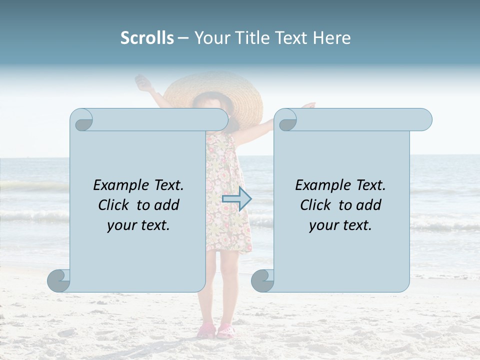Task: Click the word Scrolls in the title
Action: pyautogui.click(x=147, y=38)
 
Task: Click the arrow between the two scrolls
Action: pyautogui.click(x=236, y=198)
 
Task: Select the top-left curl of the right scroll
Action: pyautogui.click(x=286, y=120)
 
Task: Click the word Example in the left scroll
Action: pyautogui.click(x=117, y=185)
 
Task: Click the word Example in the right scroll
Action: pyautogui.click(x=319, y=185)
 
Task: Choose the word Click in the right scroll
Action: pyautogui.click(x=315, y=205)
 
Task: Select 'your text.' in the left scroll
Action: pyautogui.click(x=138, y=225)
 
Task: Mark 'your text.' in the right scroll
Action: pyautogui.click(x=340, y=225)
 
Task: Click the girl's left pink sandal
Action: pyautogui.click(x=206, y=330)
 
